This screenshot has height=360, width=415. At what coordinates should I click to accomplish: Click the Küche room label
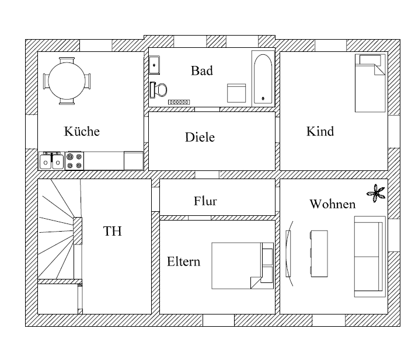click(x=82, y=131)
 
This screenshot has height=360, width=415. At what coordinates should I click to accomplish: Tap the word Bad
click(x=202, y=71)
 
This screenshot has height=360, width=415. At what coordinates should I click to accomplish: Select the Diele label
click(x=200, y=137)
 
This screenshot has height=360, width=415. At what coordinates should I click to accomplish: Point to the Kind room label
click(x=320, y=131)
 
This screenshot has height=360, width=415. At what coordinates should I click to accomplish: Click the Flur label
click(x=205, y=201)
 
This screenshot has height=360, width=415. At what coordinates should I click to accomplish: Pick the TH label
click(x=113, y=231)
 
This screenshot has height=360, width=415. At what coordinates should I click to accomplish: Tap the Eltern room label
click(x=183, y=261)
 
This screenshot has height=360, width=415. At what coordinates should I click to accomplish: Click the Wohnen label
click(x=333, y=204)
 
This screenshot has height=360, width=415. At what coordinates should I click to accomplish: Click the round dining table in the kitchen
click(x=67, y=81)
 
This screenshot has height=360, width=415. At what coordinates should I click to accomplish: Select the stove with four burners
click(x=74, y=161)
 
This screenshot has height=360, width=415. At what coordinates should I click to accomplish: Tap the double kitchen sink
click(x=51, y=161)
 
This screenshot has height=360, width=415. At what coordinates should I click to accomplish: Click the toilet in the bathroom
click(x=159, y=90)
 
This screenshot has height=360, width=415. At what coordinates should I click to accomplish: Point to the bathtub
click(x=263, y=79)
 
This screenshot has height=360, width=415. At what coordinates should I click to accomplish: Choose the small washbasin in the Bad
click(x=154, y=65)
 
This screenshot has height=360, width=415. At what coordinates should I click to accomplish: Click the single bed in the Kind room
click(x=370, y=83)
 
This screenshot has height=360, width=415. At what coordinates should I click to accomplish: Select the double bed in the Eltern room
click(x=242, y=265)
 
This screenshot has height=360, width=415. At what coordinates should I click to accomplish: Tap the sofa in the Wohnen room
click(x=369, y=257)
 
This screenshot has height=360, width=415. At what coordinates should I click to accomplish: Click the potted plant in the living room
click(x=376, y=193)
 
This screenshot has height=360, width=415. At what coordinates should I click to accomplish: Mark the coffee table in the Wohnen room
click(x=319, y=254)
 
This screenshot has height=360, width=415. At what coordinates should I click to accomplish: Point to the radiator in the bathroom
click(x=179, y=102)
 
